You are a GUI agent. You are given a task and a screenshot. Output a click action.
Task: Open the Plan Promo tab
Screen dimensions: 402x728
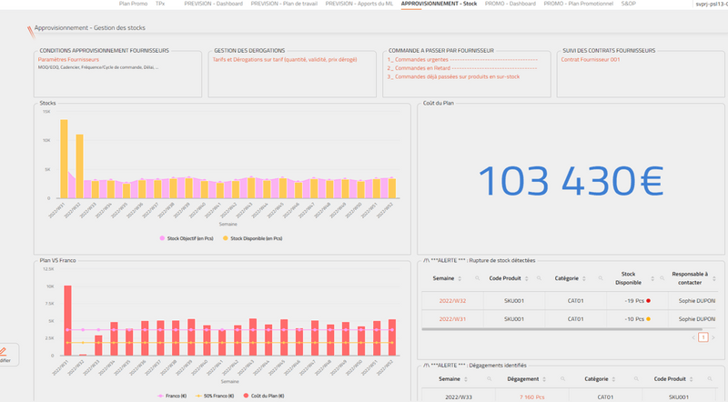[x=133, y=5]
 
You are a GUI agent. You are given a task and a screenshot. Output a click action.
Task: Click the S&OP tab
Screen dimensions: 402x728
[x=629, y=5]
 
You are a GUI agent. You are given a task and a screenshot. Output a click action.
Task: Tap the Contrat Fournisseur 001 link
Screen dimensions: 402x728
[x=591, y=59]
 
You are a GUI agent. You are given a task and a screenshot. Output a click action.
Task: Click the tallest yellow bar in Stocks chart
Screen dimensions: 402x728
[x=64, y=159]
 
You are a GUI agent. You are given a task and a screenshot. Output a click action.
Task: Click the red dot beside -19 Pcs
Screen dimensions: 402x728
[x=647, y=300]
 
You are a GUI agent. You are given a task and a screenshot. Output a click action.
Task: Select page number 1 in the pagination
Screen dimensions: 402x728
[x=703, y=337]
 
